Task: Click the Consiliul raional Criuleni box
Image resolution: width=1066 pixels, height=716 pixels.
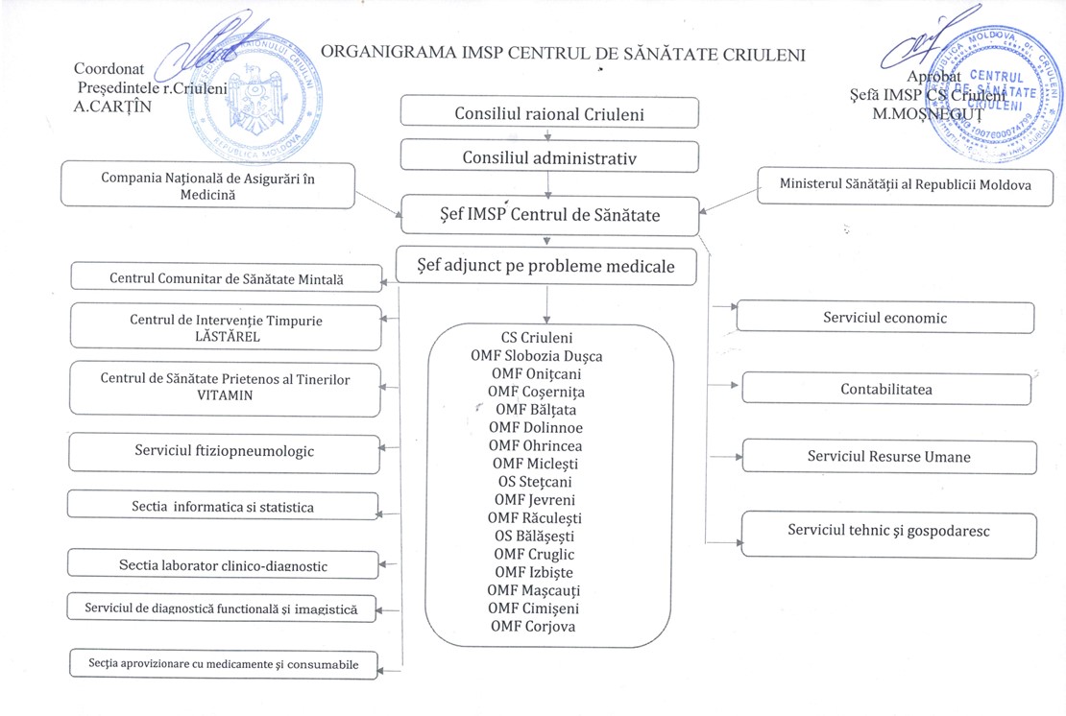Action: pyautogui.click(x=548, y=114)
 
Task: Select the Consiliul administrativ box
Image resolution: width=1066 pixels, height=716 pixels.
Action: pyautogui.click(x=548, y=156)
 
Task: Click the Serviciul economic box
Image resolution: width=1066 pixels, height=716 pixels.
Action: pyautogui.click(x=884, y=318)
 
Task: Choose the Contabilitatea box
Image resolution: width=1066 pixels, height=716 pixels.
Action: pyautogui.click(x=884, y=389)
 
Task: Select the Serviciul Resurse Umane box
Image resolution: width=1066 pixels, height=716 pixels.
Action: pyautogui.click(x=888, y=457)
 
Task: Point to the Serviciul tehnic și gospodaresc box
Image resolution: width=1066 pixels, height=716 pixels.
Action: pyautogui.click(x=888, y=530)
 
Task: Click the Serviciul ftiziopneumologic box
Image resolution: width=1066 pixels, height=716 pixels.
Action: pyautogui.click(x=224, y=450)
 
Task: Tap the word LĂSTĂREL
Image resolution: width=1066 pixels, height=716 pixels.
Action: pyautogui.click(x=227, y=337)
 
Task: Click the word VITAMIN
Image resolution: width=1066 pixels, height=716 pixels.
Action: pyautogui.click(x=225, y=395)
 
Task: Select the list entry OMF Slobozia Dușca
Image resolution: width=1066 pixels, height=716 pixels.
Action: pyautogui.click(x=536, y=356)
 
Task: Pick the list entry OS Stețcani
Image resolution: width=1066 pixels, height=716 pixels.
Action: pyautogui.click(x=536, y=482)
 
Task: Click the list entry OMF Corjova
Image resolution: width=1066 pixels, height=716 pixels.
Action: pyautogui.click(x=534, y=626)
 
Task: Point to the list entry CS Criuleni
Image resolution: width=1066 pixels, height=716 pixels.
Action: pyautogui.click(x=536, y=338)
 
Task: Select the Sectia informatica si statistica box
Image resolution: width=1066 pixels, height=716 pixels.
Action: pyautogui.click(x=223, y=506)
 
